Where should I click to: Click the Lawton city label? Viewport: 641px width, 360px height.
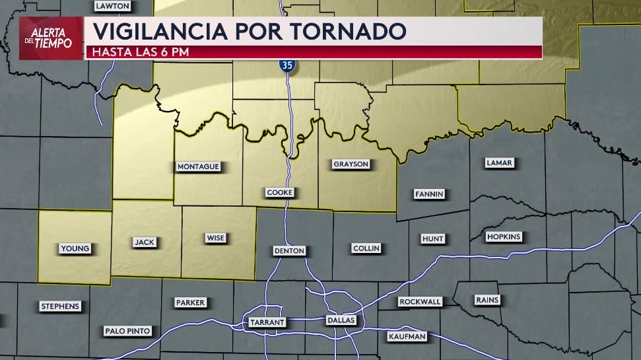[113, 6]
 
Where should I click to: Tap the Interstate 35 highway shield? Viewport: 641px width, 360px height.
[287, 65]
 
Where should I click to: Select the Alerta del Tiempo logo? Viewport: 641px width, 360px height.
[51, 38]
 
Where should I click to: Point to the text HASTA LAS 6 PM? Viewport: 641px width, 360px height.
[141, 52]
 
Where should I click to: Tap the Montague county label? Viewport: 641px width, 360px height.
[198, 167]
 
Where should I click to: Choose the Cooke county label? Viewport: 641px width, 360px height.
[279, 192]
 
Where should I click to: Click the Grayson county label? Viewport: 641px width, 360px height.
[351, 164]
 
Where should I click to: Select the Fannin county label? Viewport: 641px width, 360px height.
[429, 194]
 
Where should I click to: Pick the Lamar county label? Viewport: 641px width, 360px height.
[498, 162]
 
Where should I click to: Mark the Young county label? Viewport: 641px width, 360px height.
[75, 248]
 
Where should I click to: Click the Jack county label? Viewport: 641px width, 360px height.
[145, 242]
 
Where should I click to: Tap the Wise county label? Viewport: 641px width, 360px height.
[215, 238]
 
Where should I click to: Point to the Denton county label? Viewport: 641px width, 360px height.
[289, 251]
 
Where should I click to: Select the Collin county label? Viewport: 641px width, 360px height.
[366, 248]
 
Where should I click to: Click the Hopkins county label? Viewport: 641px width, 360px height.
[504, 236]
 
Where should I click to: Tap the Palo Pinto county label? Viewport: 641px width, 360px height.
[127, 331]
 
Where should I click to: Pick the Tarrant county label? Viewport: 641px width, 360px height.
[267, 322]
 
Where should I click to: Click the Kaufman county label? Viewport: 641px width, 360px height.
[407, 337]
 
